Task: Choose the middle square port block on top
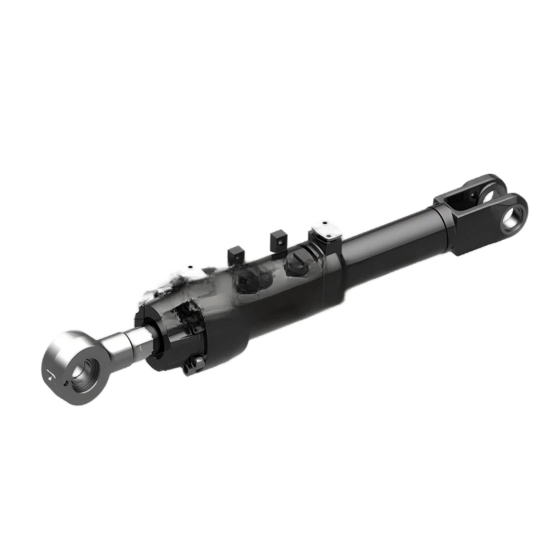(x=277, y=237)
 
